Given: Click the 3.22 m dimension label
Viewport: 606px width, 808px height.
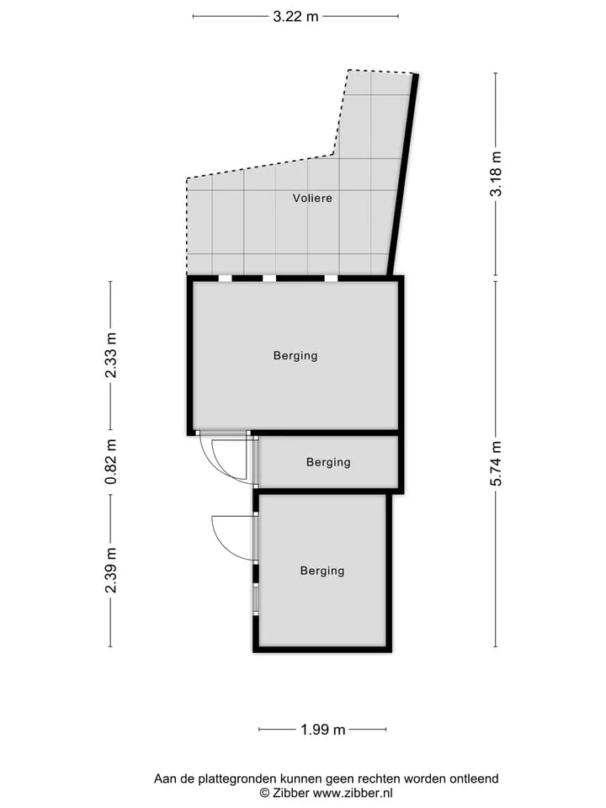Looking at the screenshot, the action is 295,17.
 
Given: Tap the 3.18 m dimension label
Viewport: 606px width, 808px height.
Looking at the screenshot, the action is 497,174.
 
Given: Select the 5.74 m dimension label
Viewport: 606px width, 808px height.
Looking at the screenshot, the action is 497,464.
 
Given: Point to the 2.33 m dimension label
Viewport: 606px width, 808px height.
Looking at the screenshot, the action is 111,355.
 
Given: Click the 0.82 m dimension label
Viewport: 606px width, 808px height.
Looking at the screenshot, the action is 111,462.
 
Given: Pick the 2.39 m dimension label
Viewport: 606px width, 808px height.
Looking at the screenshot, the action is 111,570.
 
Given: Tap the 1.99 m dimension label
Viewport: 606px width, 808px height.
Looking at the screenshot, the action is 322,730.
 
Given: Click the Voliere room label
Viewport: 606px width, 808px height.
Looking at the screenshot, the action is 312,198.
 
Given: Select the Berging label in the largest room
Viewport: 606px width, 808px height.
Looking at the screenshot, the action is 295,355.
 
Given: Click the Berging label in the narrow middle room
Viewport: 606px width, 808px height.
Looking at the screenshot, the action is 328,462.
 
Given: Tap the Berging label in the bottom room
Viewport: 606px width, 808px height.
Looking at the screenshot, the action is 322,571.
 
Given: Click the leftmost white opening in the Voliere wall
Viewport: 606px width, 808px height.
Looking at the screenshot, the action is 226,279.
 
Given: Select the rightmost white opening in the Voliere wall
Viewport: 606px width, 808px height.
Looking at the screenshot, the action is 331,279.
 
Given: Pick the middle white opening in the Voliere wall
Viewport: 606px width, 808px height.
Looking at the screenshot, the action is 269,279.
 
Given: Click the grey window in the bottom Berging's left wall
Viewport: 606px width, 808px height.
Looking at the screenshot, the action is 255,598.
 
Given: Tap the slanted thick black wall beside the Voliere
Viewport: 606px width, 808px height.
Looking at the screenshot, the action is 403,175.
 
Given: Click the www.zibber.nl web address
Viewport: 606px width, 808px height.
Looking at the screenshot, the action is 353,793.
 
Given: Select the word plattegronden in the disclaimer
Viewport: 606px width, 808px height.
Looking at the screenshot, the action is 242,779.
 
